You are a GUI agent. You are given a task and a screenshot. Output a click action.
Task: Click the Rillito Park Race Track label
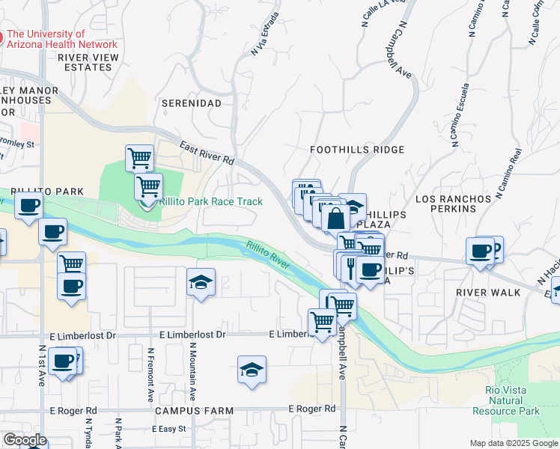click(x=211, y=201)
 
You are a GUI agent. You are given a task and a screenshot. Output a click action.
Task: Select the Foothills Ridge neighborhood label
click(x=357, y=150)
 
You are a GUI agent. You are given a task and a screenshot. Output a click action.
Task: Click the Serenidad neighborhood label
click(x=192, y=103)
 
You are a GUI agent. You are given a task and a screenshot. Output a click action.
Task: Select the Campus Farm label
click(x=194, y=411)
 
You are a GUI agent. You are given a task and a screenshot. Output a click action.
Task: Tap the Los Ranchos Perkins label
click(x=453, y=204)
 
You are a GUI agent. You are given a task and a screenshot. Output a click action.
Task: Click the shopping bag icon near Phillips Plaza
click(x=336, y=219)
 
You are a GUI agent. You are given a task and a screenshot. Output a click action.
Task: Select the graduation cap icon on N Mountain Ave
click(x=201, y=282)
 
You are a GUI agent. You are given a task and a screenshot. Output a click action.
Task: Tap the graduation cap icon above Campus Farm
click(x=252, y=370)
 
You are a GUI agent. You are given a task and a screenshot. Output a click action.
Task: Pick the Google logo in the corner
click(x=25, y=440)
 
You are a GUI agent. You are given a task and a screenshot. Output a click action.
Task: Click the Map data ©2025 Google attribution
click(x=514, y=443)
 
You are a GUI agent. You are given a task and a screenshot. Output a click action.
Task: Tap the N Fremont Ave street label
click(x=150, y=374)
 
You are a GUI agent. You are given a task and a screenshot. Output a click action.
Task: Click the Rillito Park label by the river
click(x=46, y=192)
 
